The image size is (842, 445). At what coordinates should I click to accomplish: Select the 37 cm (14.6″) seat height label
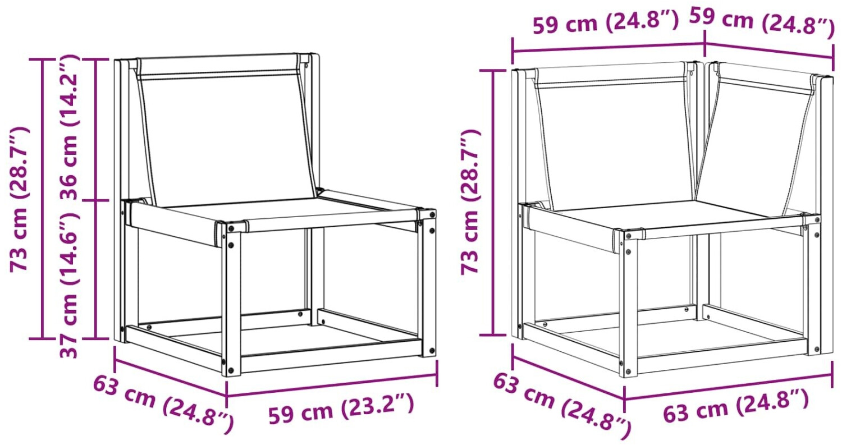tap(69, 285)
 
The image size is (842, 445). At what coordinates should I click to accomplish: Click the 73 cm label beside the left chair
tap(19, 199)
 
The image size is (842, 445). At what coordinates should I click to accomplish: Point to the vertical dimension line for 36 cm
tap(97, 130)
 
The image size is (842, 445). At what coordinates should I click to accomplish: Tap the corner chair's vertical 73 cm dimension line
tap(493, 202)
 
